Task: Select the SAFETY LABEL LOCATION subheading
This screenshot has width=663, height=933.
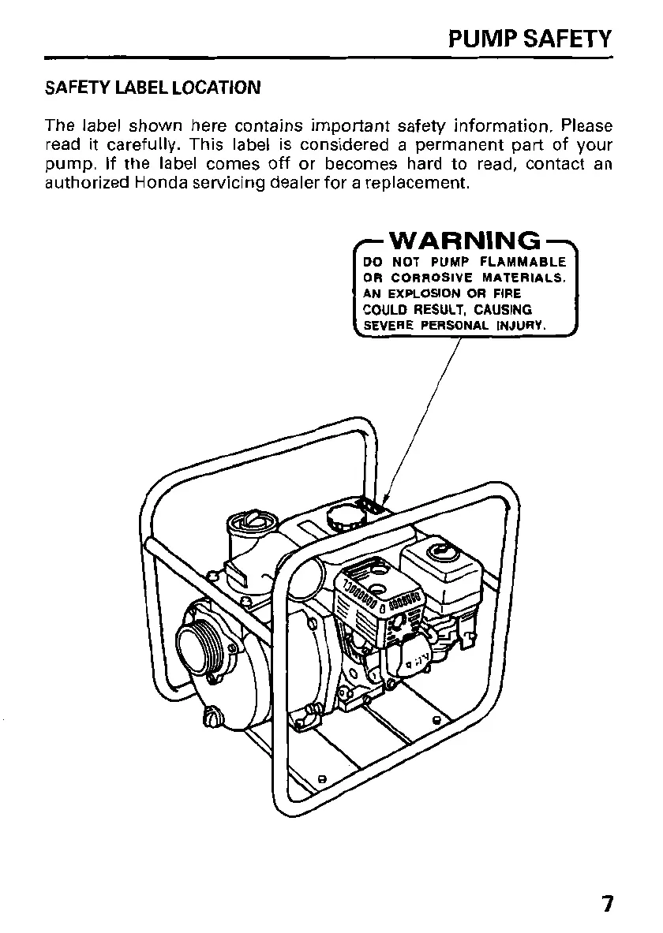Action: (152, 88)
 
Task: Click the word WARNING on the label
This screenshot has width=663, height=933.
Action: (466, 240)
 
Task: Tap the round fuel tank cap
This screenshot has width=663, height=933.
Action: (344, 517)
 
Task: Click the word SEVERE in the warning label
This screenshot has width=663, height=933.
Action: (388, 326)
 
